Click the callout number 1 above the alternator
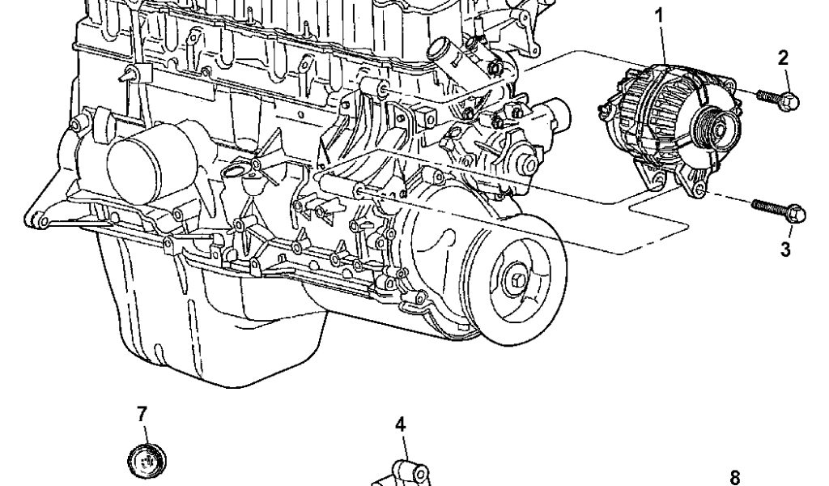pos(659,16)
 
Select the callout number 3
pos(785,249)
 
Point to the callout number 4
pos(400,424)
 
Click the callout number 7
pos(142,414)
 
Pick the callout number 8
pos(734,477)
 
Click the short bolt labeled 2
pos(778,99)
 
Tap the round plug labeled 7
pos(147,461)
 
